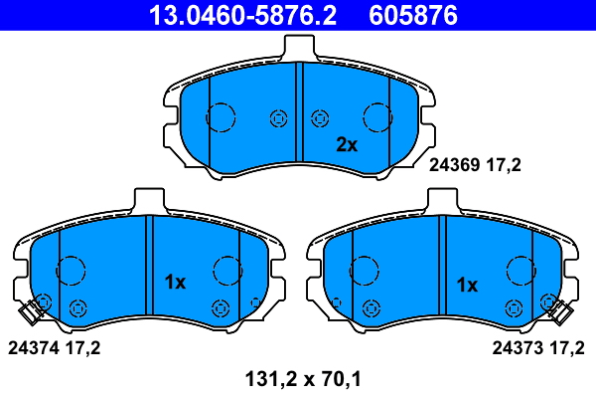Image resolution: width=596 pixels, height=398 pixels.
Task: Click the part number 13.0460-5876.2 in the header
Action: pos(242,15)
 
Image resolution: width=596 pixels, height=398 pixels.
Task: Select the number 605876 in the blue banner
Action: pos(413,15)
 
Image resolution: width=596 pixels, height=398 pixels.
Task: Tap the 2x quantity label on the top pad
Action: pos(347,144)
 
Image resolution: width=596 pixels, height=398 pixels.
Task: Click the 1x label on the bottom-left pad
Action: pos(175,283)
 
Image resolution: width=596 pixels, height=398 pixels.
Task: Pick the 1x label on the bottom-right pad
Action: pos(467,285)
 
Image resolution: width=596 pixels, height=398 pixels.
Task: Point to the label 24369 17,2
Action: pos(475,165)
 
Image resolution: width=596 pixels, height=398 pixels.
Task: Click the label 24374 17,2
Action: pos(54,348)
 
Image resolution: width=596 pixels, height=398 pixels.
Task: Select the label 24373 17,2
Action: pos(538,348)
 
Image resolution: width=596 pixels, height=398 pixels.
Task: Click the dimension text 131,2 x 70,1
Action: pos(303,379)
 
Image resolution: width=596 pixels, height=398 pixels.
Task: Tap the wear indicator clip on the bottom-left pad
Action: pos(31,311)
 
